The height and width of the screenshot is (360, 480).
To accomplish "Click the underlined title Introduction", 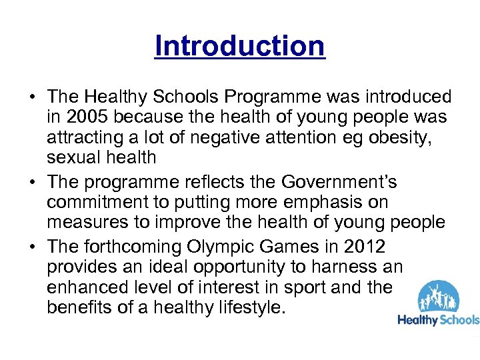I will (x=239, y=46).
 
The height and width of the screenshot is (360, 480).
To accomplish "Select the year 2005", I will (x=88, y=117).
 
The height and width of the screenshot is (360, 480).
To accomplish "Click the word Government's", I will (x=341, y=181).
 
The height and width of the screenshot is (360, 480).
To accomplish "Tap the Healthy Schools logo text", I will (x=438, y=320).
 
